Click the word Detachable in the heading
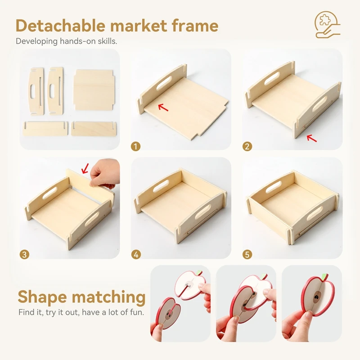tap(60, 26)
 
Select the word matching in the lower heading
tap(108, 298)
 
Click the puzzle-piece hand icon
tap(328, 25)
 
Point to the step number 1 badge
tap(136, 146)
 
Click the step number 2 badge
tap(247, 146)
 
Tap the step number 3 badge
tap(24, 254)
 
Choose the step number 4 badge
tap(136, 254)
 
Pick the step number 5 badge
tap(247, 254)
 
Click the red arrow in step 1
tap(163, 107)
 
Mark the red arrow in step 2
tap(312, 138)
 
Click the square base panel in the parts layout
tap(94, 90)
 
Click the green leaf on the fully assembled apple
tap(324, 276)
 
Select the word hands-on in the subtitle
tap(77, 41)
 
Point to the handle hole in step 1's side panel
tap(164, 83)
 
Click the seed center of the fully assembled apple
tap(318, 295)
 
